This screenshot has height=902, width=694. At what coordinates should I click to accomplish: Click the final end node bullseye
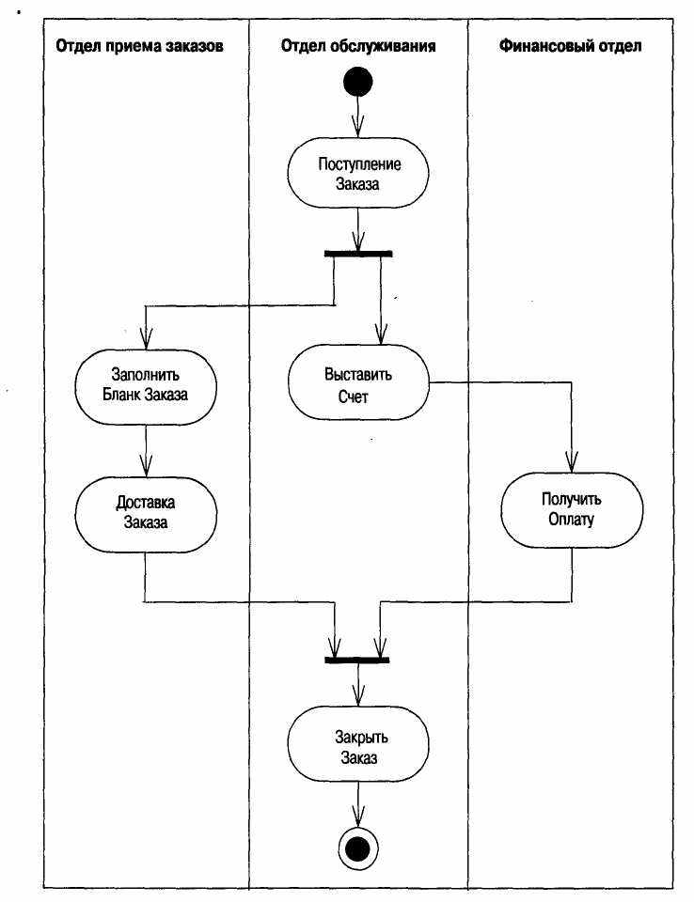point(357,848)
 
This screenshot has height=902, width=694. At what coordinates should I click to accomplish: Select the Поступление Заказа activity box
point(358,173)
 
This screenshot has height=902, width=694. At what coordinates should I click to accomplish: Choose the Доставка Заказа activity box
point(146,514)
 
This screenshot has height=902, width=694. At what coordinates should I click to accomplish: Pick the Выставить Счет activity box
point(358,382)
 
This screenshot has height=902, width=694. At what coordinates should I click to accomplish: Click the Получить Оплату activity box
point(572,510)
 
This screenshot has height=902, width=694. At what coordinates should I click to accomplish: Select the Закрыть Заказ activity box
point(358,743)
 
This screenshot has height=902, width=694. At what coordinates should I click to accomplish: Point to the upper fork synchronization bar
point(358,254)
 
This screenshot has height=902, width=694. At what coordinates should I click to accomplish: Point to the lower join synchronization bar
point(357,660)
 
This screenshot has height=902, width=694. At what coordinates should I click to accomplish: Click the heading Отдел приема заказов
point(139,46)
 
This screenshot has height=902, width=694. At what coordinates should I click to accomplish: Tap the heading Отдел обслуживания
point(357,46)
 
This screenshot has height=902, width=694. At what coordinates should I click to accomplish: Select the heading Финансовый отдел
point(570,46)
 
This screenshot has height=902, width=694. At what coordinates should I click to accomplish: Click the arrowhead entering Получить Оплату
point(572,462)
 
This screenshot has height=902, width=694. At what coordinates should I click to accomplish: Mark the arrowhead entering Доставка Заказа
point(146,467)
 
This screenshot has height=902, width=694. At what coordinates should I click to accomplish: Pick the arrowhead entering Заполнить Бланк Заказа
point(146,339)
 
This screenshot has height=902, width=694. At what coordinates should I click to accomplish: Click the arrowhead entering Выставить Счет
point(381,334)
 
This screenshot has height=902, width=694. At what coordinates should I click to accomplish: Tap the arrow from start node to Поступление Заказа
point(357,117)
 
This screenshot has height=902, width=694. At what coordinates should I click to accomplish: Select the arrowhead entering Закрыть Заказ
point(358,695)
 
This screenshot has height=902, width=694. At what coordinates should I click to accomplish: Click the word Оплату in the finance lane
point(572,520)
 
